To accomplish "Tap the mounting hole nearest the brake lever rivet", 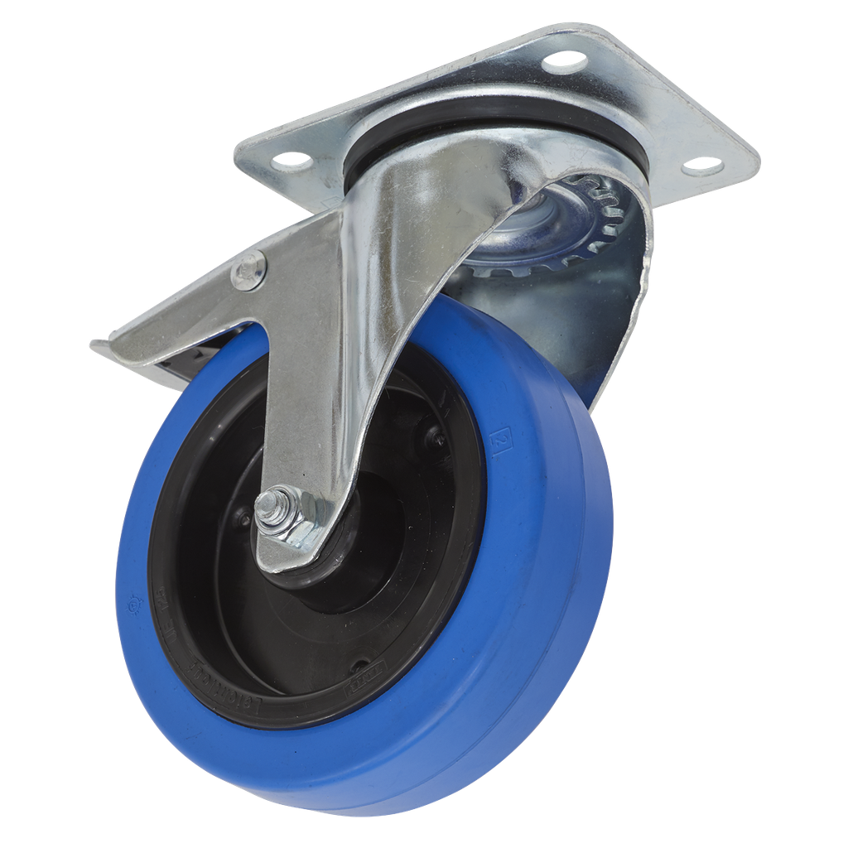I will point(291,157).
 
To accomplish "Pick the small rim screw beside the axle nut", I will point(243,519).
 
